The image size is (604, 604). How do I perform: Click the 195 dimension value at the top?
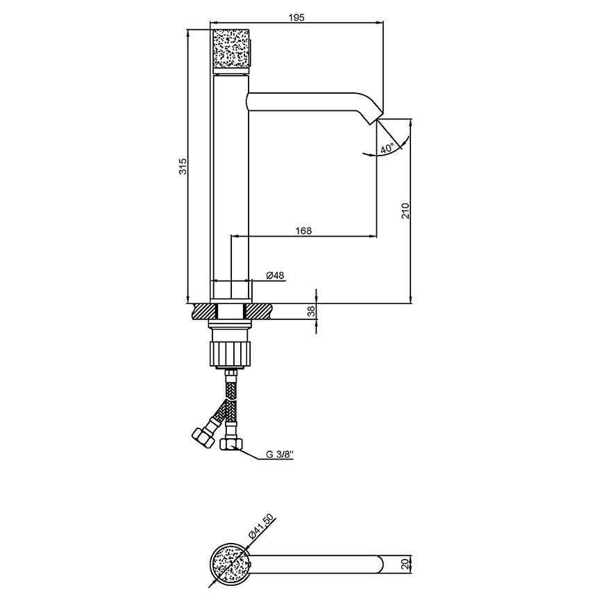click(x=296, y=17)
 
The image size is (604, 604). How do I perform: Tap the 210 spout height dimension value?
click(x=405, y=211)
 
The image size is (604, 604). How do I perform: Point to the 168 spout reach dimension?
click(x=303, y=230)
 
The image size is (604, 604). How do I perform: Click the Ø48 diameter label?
click(x=275, y=275)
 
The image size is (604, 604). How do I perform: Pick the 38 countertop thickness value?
click(x=312, y=311)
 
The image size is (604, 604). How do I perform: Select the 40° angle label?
click(x=387, y=149)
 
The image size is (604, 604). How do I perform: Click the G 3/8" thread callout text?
click(x=280, y=455)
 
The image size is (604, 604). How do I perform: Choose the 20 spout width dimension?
click(x=404, y=564)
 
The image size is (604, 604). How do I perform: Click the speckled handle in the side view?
click(x=231, y=51)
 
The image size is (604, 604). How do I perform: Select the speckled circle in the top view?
click(x=230, y=564)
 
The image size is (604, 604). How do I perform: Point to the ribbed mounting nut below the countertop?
click(x=230, y=353)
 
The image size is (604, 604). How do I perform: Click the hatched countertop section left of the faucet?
click(x=205, y=311)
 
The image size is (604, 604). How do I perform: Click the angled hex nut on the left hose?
click(x=203, y=437)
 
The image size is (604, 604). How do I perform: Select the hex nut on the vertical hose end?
click(x=230, y=444)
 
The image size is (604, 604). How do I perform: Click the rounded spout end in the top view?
click(x=380, y=564)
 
